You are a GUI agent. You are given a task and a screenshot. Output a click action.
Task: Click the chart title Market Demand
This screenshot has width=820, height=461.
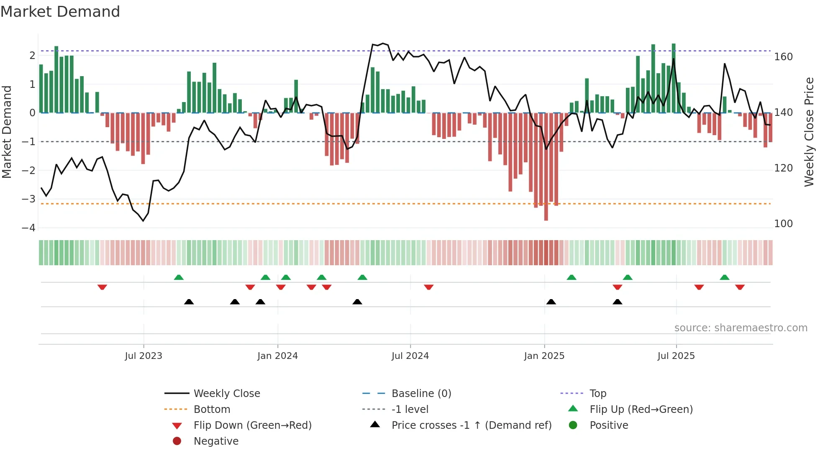60,12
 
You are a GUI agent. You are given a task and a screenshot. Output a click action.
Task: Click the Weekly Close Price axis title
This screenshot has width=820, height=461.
809,132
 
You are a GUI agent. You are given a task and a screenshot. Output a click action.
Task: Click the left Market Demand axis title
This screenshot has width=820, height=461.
7,132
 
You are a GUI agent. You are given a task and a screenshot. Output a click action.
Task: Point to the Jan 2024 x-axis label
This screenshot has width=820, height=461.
277,356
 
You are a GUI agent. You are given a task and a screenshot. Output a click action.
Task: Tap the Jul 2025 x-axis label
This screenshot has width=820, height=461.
676,356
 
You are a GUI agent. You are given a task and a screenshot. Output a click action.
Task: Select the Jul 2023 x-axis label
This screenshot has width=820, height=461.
143,356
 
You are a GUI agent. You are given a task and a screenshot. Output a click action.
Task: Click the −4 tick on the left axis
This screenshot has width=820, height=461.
28,228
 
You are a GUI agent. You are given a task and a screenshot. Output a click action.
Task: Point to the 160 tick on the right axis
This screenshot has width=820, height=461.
783,57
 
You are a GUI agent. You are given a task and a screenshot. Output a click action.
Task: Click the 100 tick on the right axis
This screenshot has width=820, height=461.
783,224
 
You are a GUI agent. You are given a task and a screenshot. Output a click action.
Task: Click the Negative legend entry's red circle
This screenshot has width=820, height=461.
177,441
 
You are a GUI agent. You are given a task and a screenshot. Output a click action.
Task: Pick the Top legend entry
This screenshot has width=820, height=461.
597,394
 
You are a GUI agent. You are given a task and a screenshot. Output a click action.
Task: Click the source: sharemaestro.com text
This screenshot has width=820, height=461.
741,328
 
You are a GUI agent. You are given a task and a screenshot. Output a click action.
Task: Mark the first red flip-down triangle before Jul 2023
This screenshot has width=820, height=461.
102,287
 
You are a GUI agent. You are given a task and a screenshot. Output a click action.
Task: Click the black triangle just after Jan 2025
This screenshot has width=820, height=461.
551,302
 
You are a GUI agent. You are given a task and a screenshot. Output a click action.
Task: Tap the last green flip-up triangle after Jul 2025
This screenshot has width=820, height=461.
725,277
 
